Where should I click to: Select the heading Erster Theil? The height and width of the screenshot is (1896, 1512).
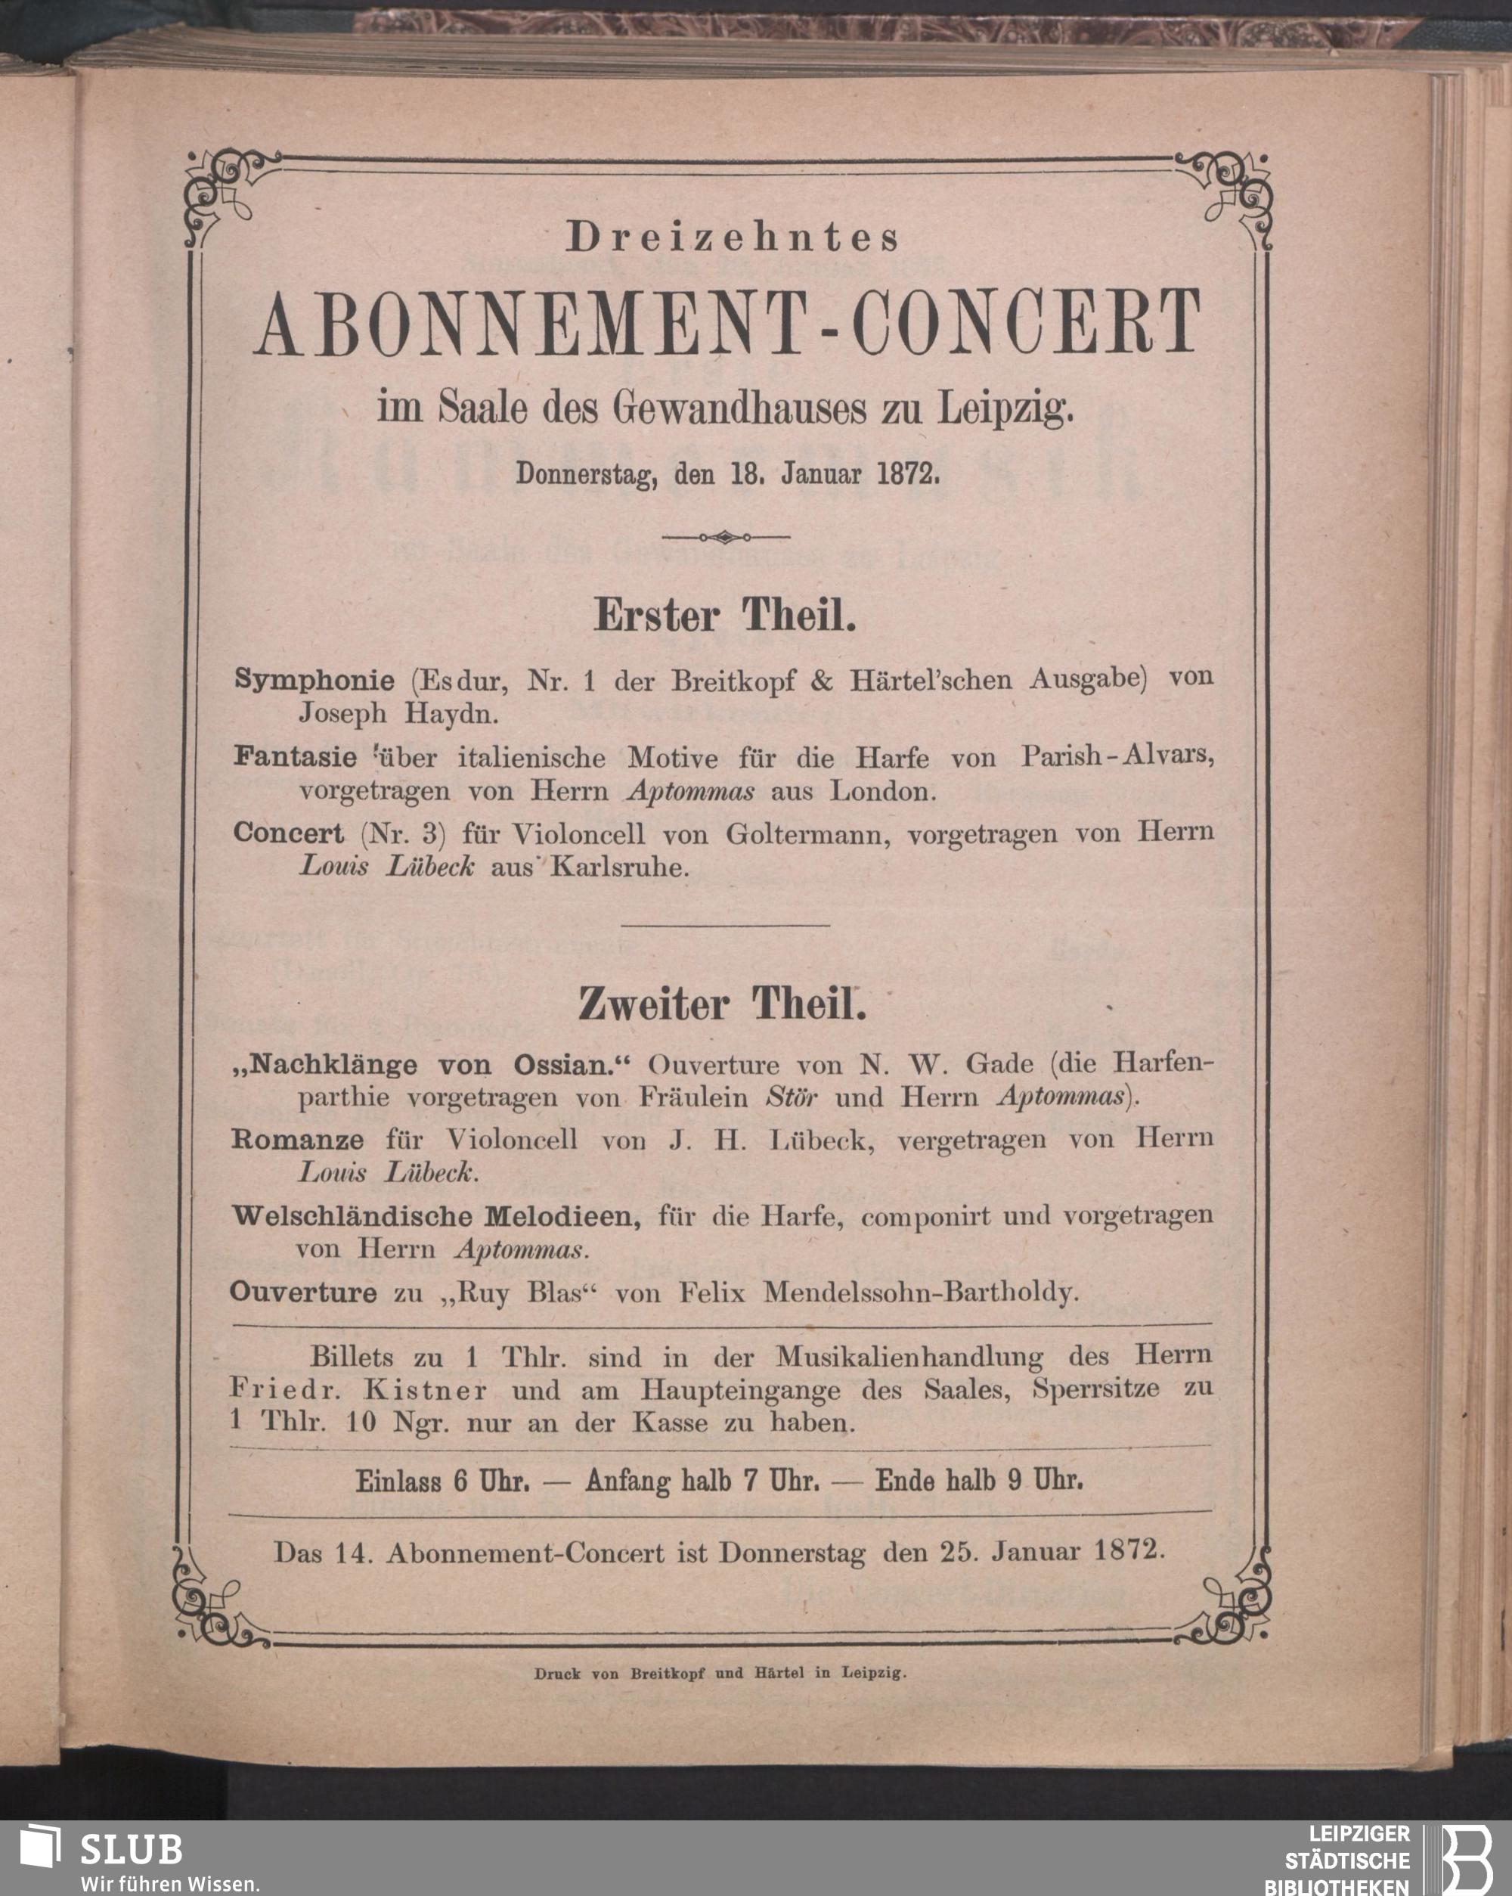coord(724,616)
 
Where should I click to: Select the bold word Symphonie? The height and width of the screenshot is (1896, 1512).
coord(314,680)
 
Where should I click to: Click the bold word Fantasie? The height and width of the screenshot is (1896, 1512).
coord(296,757)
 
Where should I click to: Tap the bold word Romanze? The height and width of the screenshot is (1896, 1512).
coord(297,1140)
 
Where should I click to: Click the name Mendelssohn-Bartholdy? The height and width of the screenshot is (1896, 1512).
coord(920,1292)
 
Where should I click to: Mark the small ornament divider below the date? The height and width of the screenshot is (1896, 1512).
coord(724,536)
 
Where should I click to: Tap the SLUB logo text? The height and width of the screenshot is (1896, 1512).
coord(132,1848)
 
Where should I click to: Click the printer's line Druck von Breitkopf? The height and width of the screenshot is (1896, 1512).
coord(720,1674)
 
